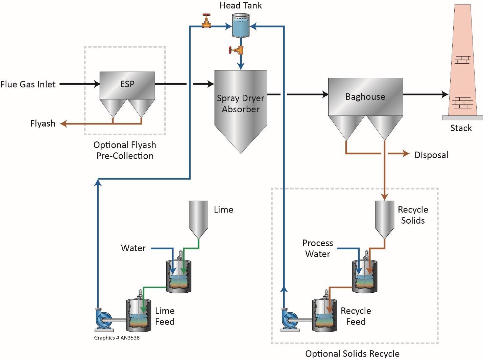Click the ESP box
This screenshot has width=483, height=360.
[x=127, y=85]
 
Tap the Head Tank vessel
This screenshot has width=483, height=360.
[x=240, y=25]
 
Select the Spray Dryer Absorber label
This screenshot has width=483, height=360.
[x=240, y=104]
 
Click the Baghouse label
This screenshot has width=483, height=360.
[x=365, y=97]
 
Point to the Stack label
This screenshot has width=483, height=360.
[x=461, y=128]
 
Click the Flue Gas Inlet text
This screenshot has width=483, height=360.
[x=28, y=84]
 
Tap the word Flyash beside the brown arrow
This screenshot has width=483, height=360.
[x=43, y=123]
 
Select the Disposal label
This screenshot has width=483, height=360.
[x=431, y=155]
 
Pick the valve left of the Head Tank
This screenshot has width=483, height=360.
[x=206, y=21]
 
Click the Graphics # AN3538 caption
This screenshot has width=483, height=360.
[x=117, y=338]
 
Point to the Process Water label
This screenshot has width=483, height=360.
[x=317, y=249]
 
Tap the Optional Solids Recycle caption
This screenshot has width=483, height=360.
[x=352, y=354]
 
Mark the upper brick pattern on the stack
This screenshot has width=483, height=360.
[x=462, y=60]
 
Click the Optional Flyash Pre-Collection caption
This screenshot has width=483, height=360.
[x=125, y=150]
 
